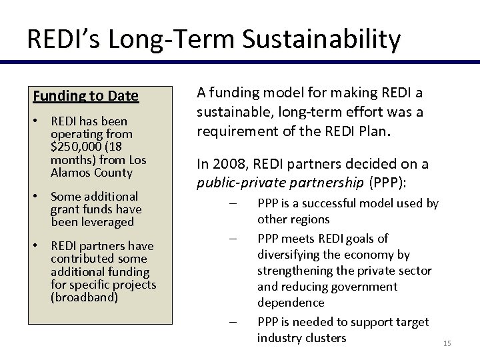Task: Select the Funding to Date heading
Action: (x=86, y=96)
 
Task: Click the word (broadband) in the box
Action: (x=84, y=297)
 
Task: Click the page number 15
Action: (x=447, y=343)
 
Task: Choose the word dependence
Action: (x=291, y=303)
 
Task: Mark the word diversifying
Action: (x=291, y=255)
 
